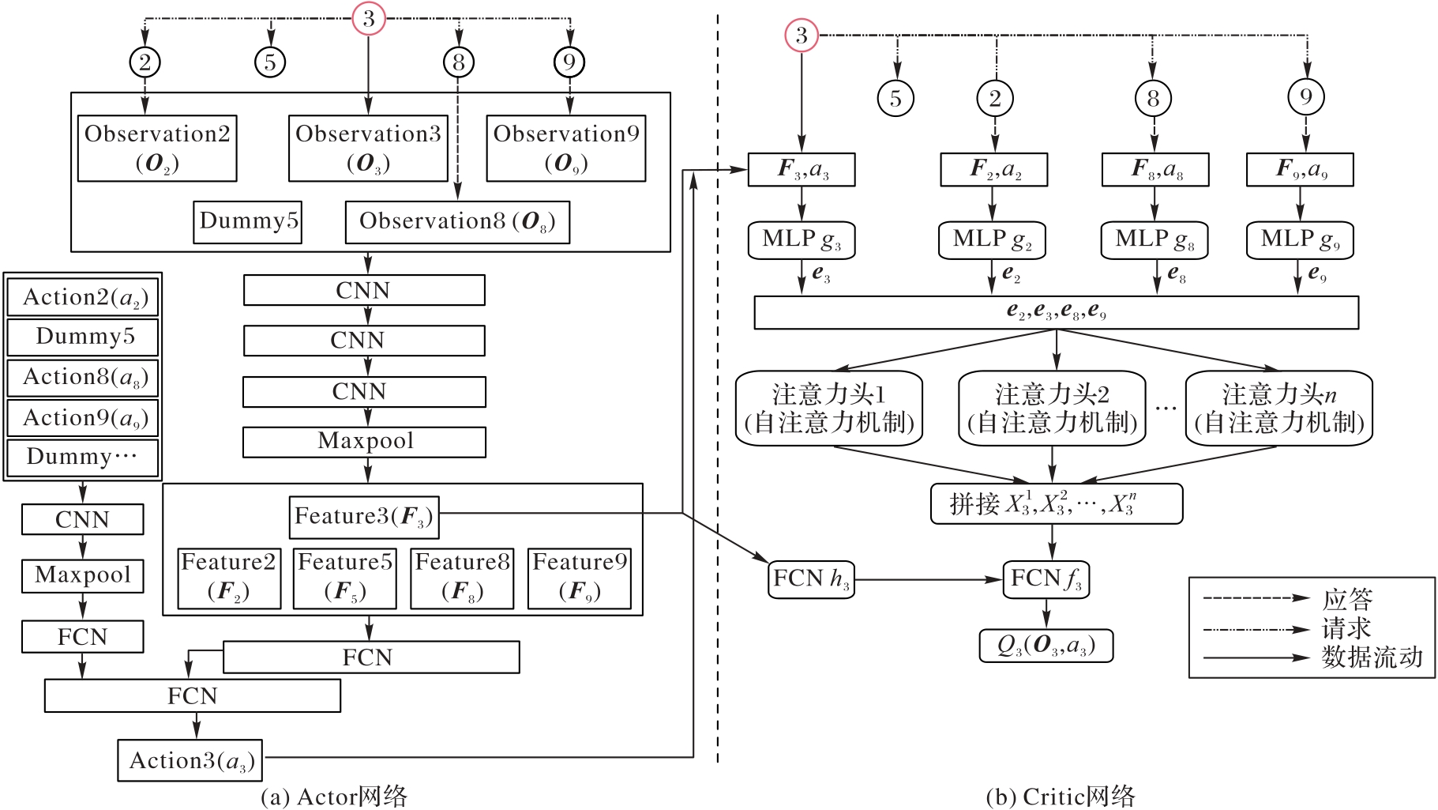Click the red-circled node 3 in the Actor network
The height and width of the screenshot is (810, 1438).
click(x=368, y=18)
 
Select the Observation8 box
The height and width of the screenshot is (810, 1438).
click(x=457, y=222)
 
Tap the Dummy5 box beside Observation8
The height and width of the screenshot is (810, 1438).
click(x=248, y=221)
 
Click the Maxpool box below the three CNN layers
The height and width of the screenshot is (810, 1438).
click(x=364, y=442)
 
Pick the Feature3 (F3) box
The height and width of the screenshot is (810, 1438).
click(x=364, y=517)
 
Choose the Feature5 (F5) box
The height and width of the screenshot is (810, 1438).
click(x=344, y=578)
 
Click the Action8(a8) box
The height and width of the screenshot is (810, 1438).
click(x=83, y=378)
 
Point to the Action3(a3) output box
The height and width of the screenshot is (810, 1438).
click(x=190, y=760)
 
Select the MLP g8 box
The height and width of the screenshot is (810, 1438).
click(x=1154, y=240)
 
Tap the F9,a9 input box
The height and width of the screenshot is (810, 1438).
click(x=1300, y=169)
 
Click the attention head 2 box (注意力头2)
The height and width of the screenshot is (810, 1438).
click(x=1052, y=408)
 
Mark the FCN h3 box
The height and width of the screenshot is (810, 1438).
click(x=811, y=579)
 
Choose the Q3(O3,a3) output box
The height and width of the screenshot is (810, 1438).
click(x=1046, y=646)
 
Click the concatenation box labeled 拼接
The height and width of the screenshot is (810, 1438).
click(x=1056, y=503)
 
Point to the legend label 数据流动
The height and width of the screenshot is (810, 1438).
click(x=1372, y=657)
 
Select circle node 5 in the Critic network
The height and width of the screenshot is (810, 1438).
click(x=895, y=98)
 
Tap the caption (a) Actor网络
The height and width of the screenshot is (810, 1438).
click(x=334, y=796)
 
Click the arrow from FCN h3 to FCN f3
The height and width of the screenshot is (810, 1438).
click(x=928, y=579)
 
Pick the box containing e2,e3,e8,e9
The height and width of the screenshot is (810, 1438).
click(x=1056, y=312)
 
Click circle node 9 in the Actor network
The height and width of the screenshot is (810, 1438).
click(x=569, y=62)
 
